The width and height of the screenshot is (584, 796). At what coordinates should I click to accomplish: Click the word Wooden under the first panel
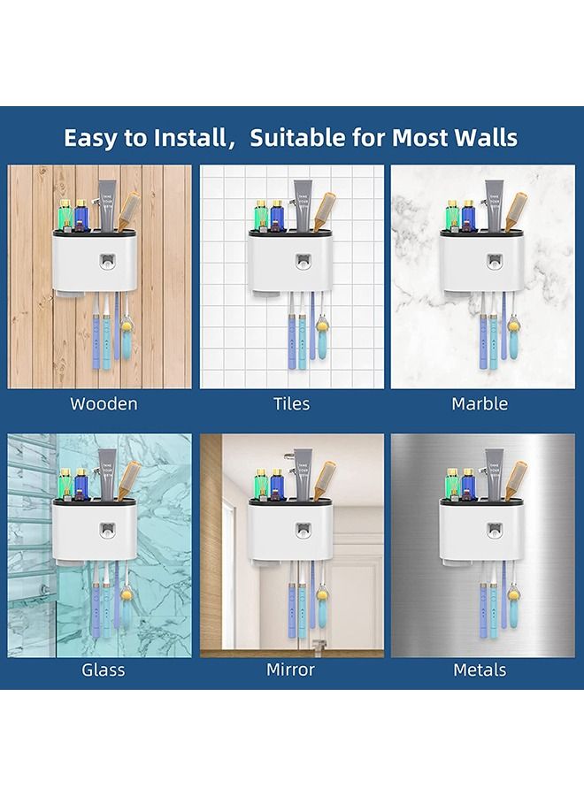104,403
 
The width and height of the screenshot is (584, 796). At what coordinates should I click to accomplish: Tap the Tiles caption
291,403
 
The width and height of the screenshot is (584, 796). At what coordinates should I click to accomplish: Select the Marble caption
480,403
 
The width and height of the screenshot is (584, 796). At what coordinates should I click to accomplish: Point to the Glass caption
104,670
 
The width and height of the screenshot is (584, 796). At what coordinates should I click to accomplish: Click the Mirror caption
291,670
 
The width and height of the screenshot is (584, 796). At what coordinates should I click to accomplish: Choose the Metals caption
480,670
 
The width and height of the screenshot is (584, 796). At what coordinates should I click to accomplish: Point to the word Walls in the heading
482,137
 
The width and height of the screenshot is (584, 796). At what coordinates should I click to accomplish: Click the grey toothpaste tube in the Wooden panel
109,205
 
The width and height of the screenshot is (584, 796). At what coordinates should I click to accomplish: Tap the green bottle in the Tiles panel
262,215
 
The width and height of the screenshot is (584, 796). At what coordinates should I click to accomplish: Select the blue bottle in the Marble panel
468,216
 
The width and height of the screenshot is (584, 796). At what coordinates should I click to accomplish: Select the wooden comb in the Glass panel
130,481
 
